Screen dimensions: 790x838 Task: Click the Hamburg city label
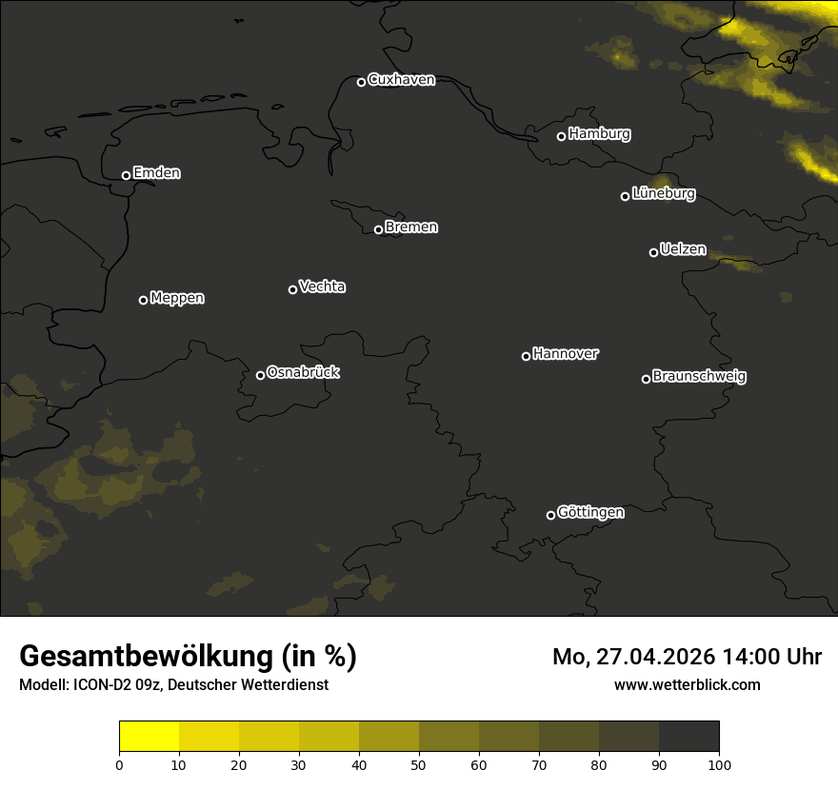(x=599, y=134)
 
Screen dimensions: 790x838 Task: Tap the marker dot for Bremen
(x=378, y=229)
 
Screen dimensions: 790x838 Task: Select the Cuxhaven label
(x=401, y=80)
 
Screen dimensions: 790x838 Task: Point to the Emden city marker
(x=126, y=175)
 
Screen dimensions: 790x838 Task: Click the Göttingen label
(x=590, y=512)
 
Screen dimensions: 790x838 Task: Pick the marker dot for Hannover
(x=526, y=356)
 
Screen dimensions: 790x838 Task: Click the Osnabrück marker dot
(x=260, y=375)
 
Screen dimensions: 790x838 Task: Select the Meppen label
(x=177, y=298)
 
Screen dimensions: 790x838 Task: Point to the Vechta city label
(x=322, y=286)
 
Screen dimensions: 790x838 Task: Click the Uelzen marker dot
(x=653, y=252)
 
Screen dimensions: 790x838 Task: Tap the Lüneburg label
(x=663, y=194)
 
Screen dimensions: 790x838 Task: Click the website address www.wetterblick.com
(x=687, y=684)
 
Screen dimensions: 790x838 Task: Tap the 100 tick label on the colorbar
(x=719, y=763)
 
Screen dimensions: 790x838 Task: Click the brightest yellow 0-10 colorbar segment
(x=150, y=737)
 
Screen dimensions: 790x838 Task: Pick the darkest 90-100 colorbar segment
(x=688, y=737)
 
